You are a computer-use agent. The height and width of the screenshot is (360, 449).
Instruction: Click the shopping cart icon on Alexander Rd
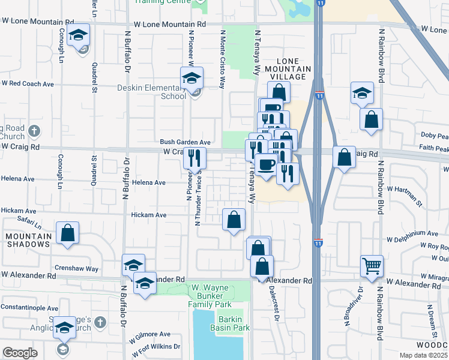[x=372, y=265]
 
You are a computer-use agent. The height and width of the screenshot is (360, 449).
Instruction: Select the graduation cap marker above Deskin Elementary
[x=191, y=79]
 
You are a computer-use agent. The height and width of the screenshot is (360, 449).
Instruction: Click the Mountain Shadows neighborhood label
[x=28, y=241]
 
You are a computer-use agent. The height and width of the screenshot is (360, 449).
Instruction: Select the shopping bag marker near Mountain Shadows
[x=68, y=233]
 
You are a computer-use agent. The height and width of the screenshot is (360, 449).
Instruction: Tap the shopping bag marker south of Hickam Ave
[x=234, y=220]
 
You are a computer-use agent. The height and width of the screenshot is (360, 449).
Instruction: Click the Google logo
[x=20, y=353]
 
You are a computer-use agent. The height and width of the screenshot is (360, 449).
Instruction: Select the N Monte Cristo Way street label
[x=222, y=60]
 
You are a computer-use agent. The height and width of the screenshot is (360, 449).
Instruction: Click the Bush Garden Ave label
[x=185, y=142]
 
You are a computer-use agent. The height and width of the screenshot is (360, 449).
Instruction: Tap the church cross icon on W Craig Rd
[x=35, y=130]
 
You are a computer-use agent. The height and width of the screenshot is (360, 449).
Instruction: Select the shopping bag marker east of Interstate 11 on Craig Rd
[x=344, y=158]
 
